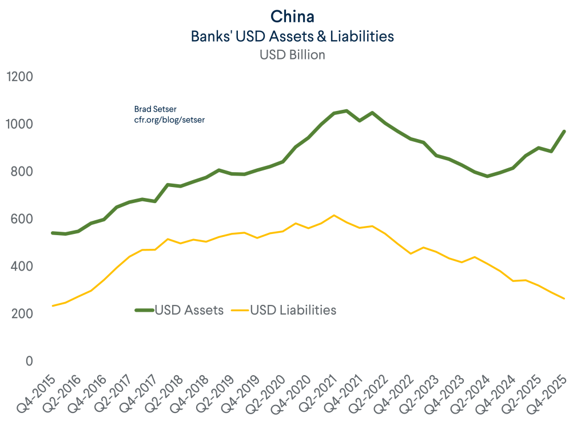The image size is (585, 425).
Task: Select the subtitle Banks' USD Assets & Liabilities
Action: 292,36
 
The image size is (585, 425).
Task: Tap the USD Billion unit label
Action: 292,55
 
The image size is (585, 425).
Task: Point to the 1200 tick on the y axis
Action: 19,77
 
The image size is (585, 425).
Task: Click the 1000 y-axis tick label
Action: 19,125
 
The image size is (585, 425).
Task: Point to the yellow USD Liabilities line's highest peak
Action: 334,215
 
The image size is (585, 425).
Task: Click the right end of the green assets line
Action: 564,132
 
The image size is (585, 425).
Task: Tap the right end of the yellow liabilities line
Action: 564,299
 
